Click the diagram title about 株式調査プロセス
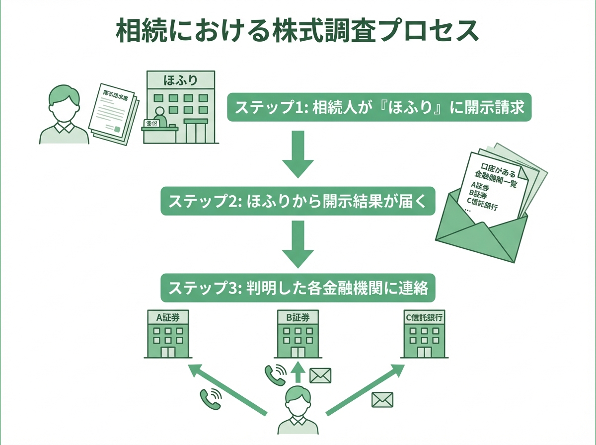(298, 31)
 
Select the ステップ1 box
(379, 107)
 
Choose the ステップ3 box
(298, 288)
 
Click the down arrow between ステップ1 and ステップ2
(298, 154)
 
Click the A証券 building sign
(168, 318)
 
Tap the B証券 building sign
(298, 318)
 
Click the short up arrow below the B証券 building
(298, 374)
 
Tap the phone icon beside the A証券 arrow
(210, 397)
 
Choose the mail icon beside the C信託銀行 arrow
(382, 399)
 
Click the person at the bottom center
(298, 412)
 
